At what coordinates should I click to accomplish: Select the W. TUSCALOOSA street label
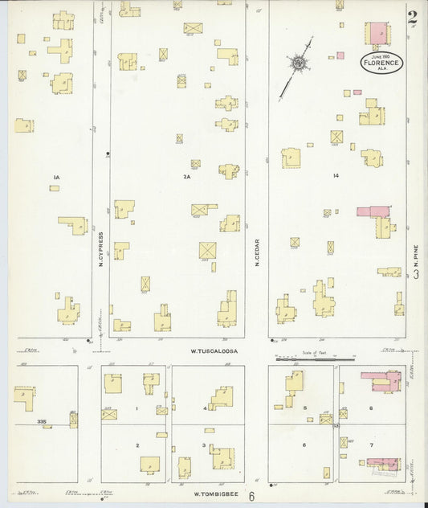coord(216,350)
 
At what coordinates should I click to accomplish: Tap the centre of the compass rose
coord(298,61)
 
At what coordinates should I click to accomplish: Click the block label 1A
coord(56,177)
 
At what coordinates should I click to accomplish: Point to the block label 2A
coord(187,177)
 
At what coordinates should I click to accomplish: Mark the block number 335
coord(40,420)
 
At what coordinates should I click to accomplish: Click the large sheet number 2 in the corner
coord(412,18)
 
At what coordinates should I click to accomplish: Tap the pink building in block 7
coord(383,464)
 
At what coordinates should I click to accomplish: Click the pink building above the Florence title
coord(377,34)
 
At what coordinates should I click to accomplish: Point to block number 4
coord(206,408)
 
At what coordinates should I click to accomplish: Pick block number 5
coord(306,408)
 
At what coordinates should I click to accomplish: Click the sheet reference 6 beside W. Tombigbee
coord(251,496)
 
